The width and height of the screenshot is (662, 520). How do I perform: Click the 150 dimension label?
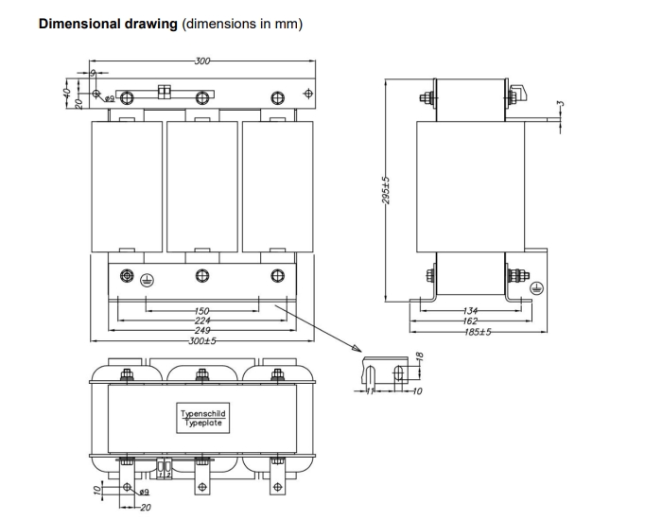(201, 310)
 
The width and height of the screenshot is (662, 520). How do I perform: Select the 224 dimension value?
(201, 320)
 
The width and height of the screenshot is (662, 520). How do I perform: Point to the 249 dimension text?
(201, 330)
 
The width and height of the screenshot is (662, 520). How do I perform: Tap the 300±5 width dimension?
(201, 340)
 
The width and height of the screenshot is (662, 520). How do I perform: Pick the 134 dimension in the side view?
(470, 310)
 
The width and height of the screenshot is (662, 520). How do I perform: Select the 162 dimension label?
(470, 321)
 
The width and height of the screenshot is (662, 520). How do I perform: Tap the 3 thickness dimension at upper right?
(560, 105)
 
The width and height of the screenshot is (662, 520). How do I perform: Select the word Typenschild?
(203, 413)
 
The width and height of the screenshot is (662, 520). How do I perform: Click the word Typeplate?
(203, 423)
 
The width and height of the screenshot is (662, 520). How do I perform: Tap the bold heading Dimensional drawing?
(107, 23)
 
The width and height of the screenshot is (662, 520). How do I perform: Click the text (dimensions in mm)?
(242, 23)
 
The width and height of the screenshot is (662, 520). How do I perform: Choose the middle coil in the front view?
(201, 186)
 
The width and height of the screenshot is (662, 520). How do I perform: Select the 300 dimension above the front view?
(202, 61)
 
